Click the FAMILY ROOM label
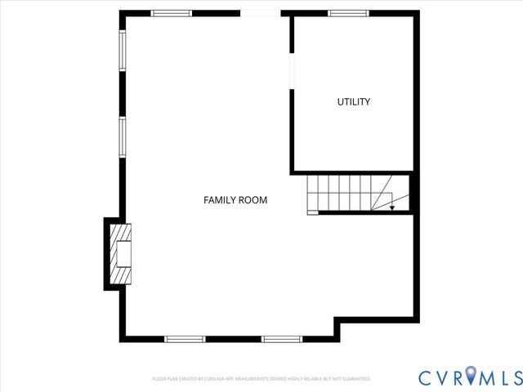235,200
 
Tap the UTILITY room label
354,102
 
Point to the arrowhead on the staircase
392,208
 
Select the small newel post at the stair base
312,212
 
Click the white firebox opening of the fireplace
124,253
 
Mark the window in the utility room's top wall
348,13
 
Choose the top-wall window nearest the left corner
172,13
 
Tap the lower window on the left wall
123,136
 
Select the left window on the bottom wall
185,338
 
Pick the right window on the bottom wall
282,338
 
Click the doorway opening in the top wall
260,13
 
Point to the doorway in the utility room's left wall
292,68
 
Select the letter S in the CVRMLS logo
514,377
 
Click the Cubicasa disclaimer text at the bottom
261,379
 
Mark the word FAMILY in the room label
219,200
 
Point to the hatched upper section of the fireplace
121,233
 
